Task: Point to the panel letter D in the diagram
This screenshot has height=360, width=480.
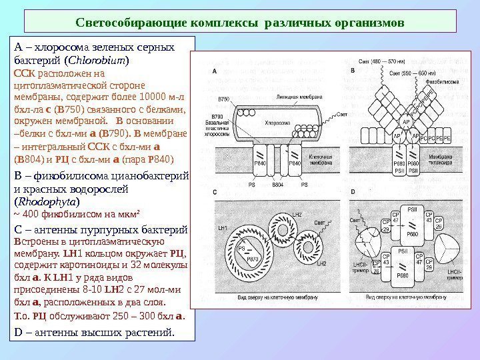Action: [351, 193]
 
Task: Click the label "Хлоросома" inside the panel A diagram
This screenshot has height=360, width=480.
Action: [277, 123]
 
